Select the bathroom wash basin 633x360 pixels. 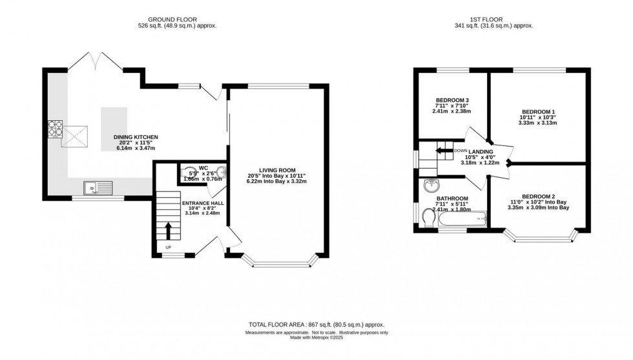click(431, 186)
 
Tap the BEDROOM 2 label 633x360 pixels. click(538, 196)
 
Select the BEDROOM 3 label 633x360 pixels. click(452, 100)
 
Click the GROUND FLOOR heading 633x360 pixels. click(177, 20)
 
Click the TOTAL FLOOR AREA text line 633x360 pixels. click(316, 324)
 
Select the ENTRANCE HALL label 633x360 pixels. click(203, 203)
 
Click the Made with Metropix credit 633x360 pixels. click(316, 337)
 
